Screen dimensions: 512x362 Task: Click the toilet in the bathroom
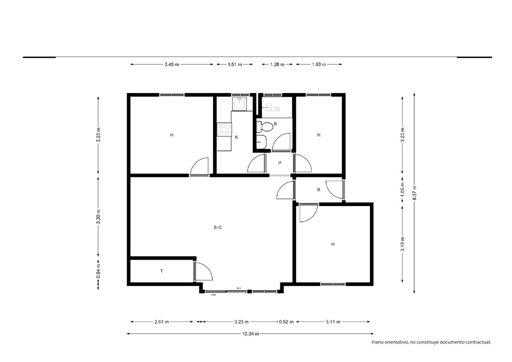[x=265, y=127]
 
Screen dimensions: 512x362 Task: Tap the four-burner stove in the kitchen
[x=224, y=130]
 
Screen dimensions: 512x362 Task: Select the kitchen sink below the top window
[x=239, y=104]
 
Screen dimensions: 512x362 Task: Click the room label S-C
[x=218, y=228]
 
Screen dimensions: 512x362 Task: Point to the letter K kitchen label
[x=236, y=137]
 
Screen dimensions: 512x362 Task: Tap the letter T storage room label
[x=162, y=271]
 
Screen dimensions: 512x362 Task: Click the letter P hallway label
[x=280, y=163]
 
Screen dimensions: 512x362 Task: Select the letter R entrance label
[x=319, y=190]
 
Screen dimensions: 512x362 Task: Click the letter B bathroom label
[x=275, y=124]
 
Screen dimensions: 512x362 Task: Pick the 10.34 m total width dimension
[x=251, y=334]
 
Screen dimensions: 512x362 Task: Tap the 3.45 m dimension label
[x=172, y=64]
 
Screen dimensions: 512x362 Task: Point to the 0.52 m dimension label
[x=286, y=322]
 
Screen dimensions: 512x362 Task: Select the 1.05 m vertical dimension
[x=403, y=189]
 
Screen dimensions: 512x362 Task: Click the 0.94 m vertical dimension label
[x=98, y=271]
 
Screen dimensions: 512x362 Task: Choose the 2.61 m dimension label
[x=162, y=322]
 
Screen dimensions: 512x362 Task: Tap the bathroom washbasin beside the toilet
[x=261, y=142]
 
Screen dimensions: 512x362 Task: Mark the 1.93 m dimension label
[x=319, y=64]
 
